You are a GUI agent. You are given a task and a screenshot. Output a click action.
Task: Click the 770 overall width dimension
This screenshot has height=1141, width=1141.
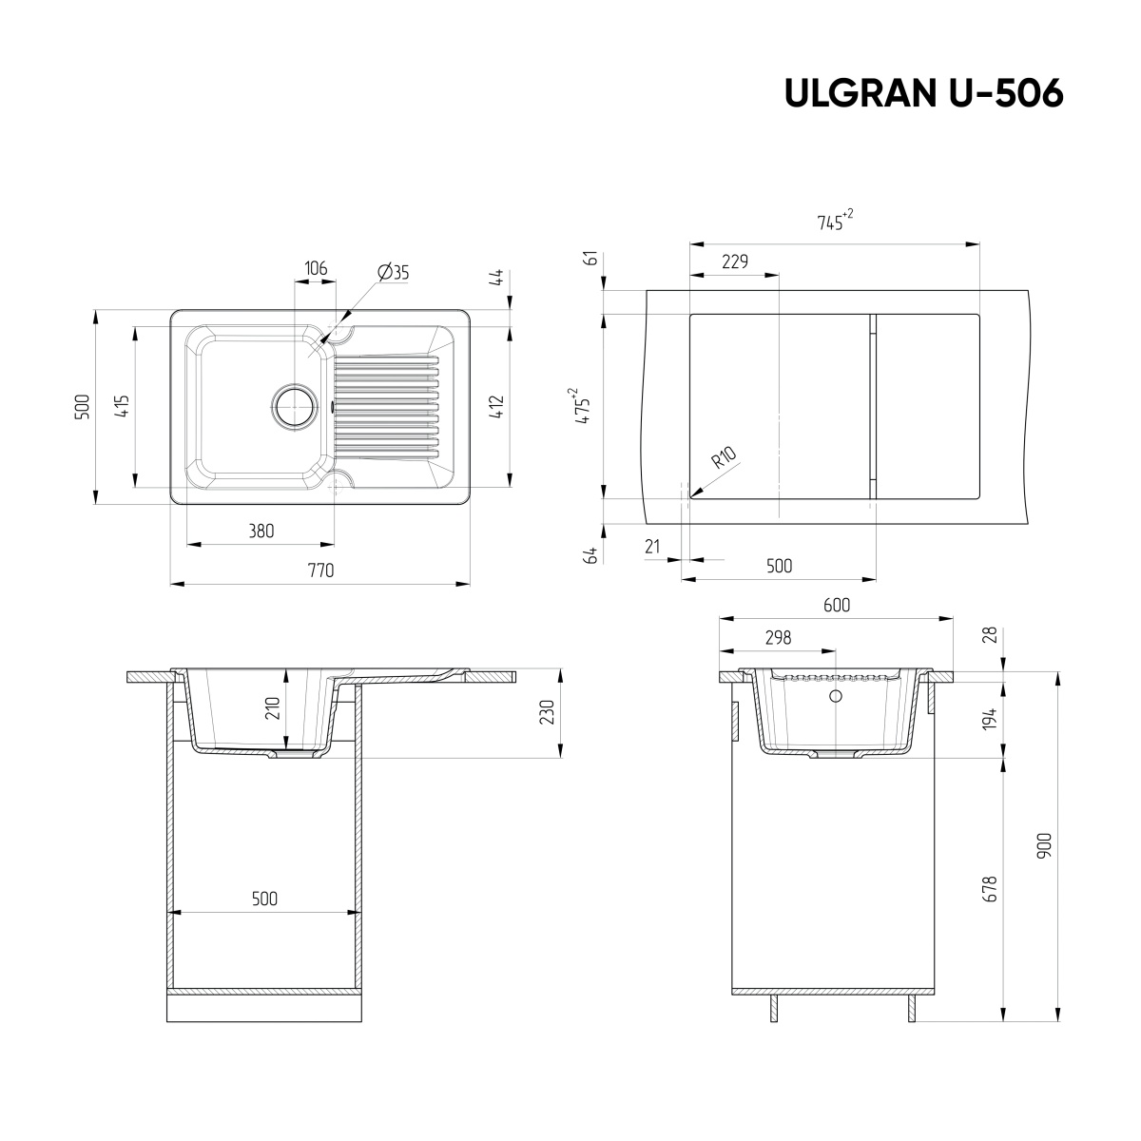pos(320,571)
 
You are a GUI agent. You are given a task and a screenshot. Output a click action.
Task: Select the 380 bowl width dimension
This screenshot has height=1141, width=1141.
pos(261,532)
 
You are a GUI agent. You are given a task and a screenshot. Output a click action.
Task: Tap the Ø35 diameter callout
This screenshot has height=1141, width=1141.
pos(393,272)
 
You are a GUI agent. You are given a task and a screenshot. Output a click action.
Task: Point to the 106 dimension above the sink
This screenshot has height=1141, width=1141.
pos(315,269)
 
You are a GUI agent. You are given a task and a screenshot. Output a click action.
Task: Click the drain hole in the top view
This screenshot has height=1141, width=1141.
pos(295,406)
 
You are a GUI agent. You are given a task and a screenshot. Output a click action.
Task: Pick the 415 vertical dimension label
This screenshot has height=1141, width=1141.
pos(121,406)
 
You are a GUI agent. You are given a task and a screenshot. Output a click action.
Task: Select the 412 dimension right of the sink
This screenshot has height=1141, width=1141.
pos(496,406)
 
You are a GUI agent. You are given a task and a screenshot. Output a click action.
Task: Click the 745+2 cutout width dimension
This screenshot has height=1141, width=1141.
pos(834,222)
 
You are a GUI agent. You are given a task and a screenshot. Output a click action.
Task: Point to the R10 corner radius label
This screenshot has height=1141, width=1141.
pos(725,459)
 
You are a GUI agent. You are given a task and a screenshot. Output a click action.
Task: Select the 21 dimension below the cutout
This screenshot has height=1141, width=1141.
pos(651,546)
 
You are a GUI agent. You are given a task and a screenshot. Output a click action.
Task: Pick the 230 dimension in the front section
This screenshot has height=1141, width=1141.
pos(545,713)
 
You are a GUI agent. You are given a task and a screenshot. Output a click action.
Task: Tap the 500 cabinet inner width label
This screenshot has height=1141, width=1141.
pos(264,899)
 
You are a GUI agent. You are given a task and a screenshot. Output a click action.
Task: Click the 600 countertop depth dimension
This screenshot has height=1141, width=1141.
pos(836,605)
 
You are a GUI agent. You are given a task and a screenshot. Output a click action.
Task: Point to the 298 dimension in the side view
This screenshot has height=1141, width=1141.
pos(777,638)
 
